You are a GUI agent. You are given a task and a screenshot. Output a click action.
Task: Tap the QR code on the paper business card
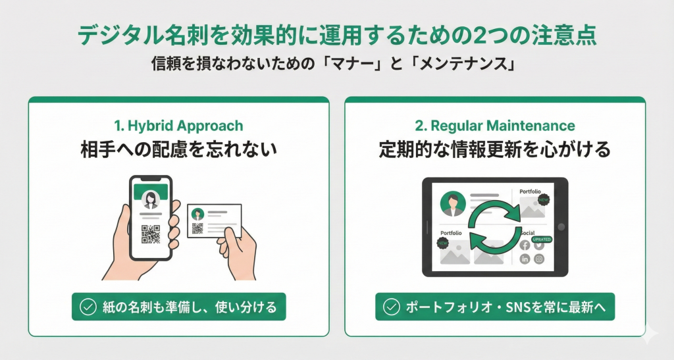197,228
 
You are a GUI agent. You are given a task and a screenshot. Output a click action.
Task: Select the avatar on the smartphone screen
151,200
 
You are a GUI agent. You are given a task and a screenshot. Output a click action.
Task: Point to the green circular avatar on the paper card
197,213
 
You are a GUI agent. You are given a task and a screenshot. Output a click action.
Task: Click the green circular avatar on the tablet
453,203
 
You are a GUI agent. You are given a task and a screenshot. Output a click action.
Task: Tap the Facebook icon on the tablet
525,245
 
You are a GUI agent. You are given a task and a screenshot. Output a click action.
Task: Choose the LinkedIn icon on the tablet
525,259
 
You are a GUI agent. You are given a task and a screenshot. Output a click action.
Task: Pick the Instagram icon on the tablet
539,259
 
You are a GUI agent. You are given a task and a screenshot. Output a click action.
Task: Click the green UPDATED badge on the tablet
540,239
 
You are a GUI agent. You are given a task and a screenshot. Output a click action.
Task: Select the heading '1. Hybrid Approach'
178,126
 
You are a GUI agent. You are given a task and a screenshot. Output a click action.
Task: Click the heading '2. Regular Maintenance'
495,126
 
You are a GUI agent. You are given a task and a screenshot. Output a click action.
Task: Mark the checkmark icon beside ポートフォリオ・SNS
391,306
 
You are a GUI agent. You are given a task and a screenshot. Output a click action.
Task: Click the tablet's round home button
561,226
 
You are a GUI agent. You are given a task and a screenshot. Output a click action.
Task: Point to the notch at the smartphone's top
151,180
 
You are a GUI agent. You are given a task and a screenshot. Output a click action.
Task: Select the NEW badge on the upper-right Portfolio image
543,199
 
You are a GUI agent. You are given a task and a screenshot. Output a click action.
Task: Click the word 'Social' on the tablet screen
527,233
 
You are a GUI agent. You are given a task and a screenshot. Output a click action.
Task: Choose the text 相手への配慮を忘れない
178,149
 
